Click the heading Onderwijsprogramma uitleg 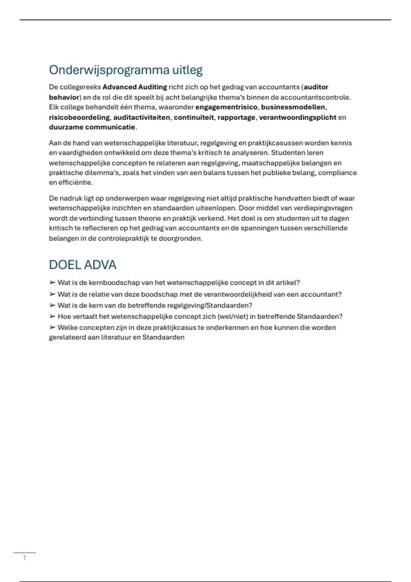click(x=126, y=70)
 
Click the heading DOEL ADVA click(x=83, y=265)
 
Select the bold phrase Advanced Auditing click(x=135, y=87)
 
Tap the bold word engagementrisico click(x=226, y=107)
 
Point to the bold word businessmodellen click(x=293, y=107)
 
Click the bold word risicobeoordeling click(x=79, y=117)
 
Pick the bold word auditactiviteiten click(x=141, y=117)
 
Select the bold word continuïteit click(x=194, y=117)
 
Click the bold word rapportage click(x=236, y=117)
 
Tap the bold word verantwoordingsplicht click(x=298, y=117)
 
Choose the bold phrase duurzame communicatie click(x=92, y=127)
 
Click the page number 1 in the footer click(x=24, y=558)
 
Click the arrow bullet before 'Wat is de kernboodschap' click(x=52, y=282)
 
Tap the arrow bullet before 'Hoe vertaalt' click(x=52, y=316)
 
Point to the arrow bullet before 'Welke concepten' click(x=52, y=327)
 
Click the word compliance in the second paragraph click(x=337, y=173)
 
